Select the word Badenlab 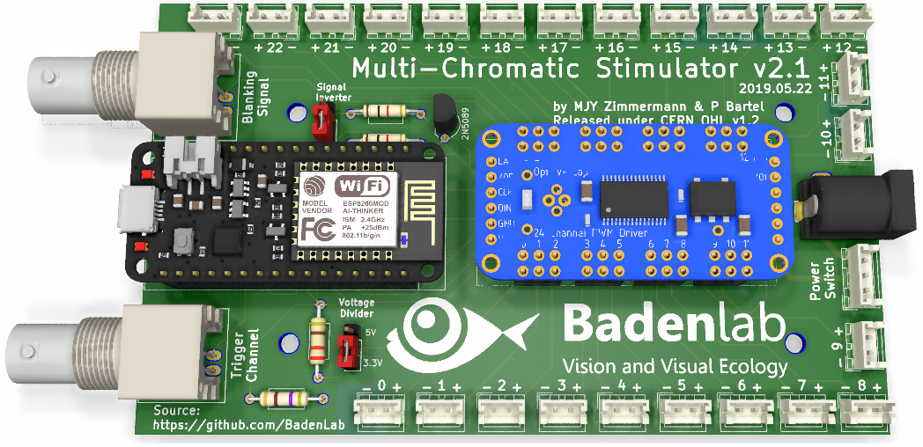[674, 323]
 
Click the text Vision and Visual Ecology [675, 365]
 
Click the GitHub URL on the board [230, 425]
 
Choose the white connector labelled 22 [274, 15]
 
